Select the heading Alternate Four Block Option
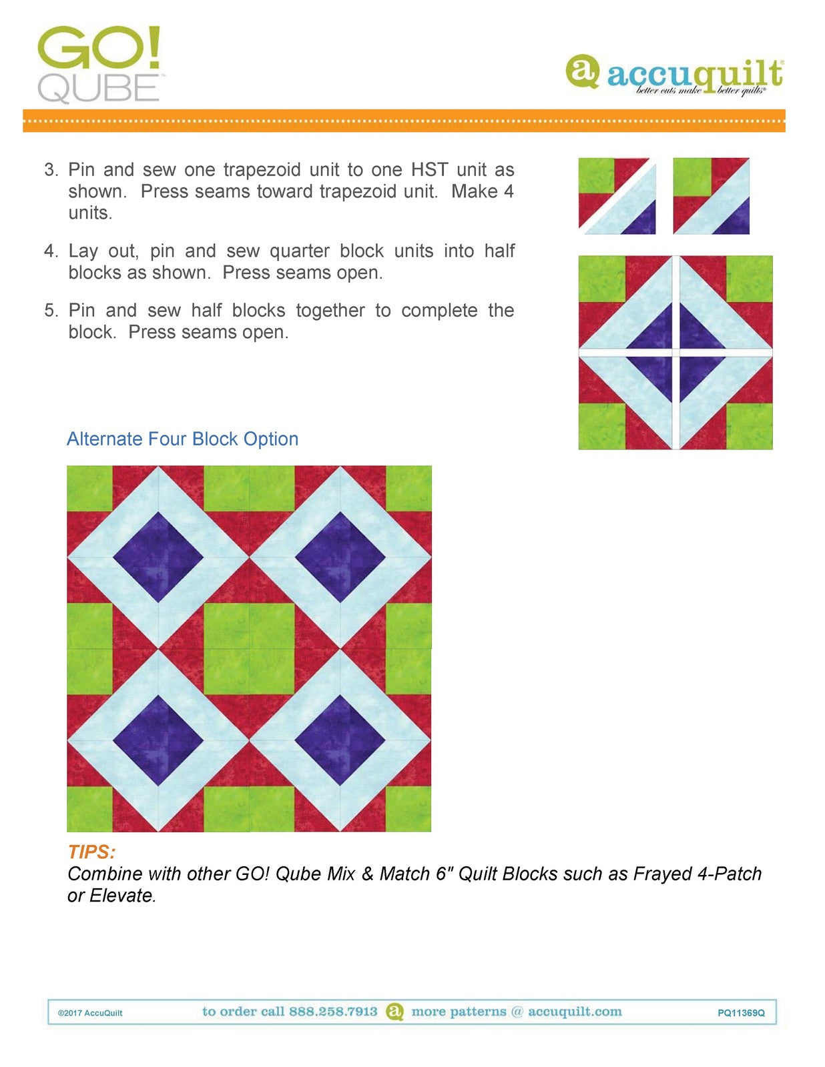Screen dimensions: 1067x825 click(x=182, y=439)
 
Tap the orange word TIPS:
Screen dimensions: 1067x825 click(x=91, y=852)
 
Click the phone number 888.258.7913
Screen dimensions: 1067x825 click(x=333, y=1012)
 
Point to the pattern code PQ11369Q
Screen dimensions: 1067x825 click(x=741, y=1013)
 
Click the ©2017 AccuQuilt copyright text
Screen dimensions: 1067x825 click(x=90, y=1013)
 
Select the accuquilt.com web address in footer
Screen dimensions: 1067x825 click(x=575, y=1012)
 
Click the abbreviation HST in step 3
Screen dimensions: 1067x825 click(x=429, y=169)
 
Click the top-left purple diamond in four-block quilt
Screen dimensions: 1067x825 click(x=158, y=557)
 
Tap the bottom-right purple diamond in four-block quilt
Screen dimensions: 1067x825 click(x=340, y=740)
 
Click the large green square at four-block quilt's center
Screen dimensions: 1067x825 click(x=249, y=648)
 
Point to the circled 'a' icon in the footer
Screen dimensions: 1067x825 click(x=395, y=1012)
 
